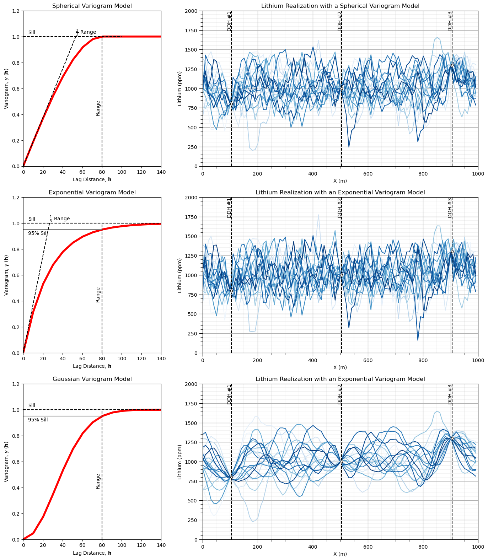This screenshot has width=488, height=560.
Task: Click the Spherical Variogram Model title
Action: [92, 6]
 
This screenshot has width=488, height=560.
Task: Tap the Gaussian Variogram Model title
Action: [92, 379]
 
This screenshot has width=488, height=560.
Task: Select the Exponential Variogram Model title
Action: [92, 193]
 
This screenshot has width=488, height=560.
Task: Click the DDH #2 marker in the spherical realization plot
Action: [342, 88]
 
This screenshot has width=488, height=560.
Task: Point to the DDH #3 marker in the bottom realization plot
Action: [452, 438]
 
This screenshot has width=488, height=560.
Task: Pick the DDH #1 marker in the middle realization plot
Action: [231, 291]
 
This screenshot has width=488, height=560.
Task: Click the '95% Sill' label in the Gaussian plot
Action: [38, 420]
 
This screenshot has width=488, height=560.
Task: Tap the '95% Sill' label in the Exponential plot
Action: [38, 233]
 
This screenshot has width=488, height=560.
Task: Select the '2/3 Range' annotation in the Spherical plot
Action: [86, 32]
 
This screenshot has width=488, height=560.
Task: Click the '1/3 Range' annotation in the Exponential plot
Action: [60, 219]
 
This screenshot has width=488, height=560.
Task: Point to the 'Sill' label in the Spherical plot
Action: [32, 33]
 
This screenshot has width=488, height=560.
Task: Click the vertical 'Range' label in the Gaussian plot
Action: [98, 481]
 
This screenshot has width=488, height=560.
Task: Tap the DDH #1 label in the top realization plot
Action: [229, 21]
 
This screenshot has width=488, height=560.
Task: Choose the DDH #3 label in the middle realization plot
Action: [450, 208]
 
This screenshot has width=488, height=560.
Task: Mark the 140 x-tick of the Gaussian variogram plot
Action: [161, 545]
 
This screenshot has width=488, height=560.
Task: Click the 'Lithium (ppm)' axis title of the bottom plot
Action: [180, 462]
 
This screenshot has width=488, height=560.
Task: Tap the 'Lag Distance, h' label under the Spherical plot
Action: [92, 180]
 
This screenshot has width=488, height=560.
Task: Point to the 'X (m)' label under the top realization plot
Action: [340, 181]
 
